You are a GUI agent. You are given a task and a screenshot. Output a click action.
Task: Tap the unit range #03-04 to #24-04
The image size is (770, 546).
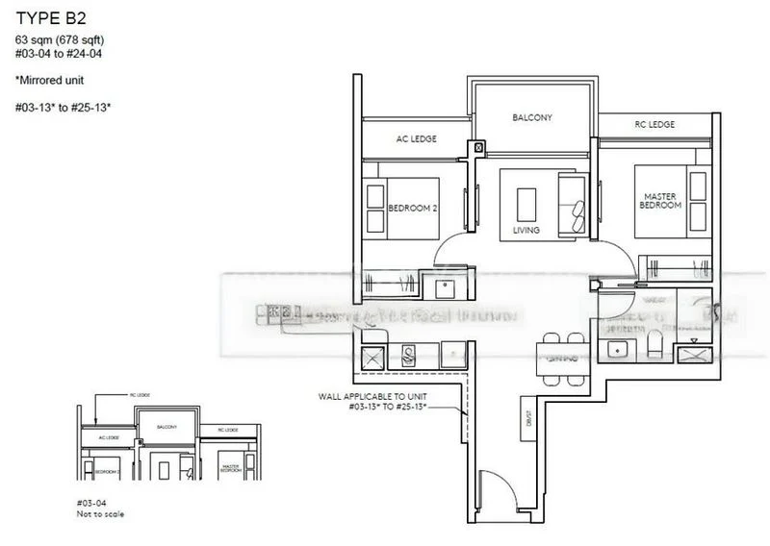57,54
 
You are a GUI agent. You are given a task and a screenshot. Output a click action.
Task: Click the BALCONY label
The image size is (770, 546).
531,117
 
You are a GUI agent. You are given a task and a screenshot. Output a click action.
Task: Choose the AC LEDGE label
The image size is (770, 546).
416,139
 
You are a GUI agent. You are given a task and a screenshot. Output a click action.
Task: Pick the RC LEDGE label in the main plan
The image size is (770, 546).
654,125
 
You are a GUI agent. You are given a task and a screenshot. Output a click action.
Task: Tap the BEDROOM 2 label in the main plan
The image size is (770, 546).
413,208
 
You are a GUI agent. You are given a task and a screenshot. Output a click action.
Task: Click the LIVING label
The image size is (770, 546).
526,231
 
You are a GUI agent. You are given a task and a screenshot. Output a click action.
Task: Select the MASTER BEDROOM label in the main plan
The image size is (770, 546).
661,201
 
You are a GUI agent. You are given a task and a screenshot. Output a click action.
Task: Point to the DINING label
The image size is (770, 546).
561,358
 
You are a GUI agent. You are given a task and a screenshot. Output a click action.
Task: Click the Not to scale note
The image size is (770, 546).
100,514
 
